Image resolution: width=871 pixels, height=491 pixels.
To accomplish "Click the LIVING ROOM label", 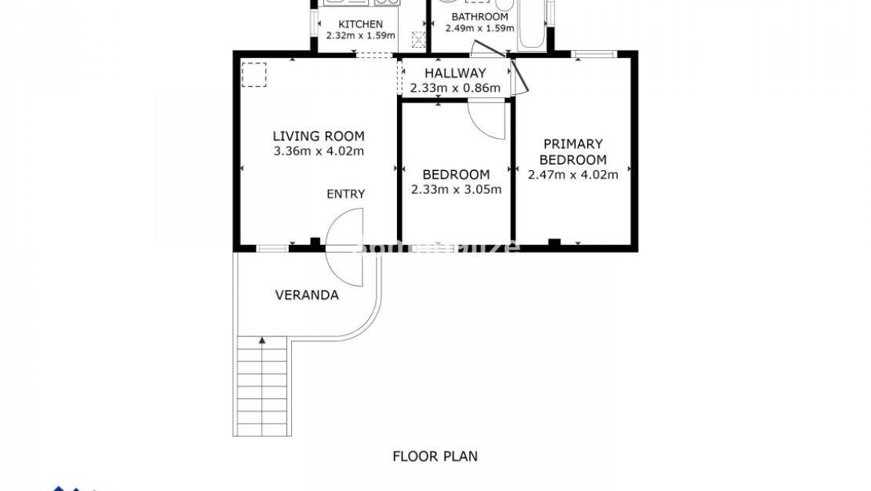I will (319, 136).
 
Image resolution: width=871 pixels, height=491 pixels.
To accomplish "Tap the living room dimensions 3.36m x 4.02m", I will (319, 151).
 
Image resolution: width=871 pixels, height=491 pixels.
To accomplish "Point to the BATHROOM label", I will (479, 16).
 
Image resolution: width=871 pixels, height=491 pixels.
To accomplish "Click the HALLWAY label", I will (455, 74).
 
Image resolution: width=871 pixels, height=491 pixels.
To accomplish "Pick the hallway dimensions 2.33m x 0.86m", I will (455, 88).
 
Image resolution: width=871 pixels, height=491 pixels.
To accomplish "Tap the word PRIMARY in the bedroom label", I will (573, 144).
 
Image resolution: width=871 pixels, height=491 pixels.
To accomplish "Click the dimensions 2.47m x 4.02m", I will (573, 175).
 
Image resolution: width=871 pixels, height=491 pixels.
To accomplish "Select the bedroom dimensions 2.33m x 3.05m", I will (456, 189).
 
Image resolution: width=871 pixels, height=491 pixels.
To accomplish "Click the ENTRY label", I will (346, 194).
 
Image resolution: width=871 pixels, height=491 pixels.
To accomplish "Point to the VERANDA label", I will (307, 296).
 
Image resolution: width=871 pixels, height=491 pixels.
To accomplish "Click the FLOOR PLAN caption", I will (435, 456).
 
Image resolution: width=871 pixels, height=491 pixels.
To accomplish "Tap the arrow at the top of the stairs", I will (262, 340).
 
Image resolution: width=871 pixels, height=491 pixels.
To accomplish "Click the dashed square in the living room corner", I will (254, 75).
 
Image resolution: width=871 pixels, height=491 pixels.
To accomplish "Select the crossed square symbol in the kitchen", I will (419, 38).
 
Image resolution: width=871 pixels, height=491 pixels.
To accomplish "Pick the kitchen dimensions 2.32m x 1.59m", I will (361, 35).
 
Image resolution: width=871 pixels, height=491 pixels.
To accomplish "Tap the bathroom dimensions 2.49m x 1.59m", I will (479, 28).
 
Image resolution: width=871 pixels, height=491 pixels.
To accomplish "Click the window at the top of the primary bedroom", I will (594, 54).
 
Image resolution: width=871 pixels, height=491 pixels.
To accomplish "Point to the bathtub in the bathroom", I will (533, 24).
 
